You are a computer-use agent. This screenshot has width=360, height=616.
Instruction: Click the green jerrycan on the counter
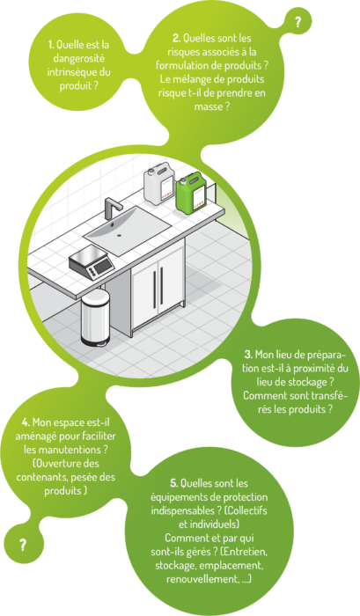[191, 194]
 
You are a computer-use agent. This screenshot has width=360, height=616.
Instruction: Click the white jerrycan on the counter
[159, 185]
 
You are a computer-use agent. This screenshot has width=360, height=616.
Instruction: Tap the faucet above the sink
[112, 208]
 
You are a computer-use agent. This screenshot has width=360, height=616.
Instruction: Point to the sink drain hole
[119, 235]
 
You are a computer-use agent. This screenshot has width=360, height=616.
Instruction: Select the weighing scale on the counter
[92, 261]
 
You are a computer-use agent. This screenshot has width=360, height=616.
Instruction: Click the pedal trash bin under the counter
[95, 318]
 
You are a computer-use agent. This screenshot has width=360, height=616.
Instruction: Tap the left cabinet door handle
[154, 289]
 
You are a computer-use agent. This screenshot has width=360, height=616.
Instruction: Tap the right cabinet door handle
[161, 286]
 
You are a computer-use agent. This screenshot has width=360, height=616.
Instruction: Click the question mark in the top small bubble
[298, 22]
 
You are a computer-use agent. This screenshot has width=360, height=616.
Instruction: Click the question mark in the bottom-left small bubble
[23, 546]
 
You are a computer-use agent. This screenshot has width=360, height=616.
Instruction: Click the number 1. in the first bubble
[51, 45]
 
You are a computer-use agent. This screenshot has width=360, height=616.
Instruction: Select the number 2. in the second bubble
[176, 38]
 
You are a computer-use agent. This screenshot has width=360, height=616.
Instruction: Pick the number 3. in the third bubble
[248, 355]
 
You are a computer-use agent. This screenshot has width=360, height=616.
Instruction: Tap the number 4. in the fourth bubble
[26, 422]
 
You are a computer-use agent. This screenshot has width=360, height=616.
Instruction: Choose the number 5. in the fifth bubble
[174, 483]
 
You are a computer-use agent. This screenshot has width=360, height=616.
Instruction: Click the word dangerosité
[79, 59]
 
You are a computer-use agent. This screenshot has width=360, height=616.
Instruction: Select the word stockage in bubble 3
[307, 382]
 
